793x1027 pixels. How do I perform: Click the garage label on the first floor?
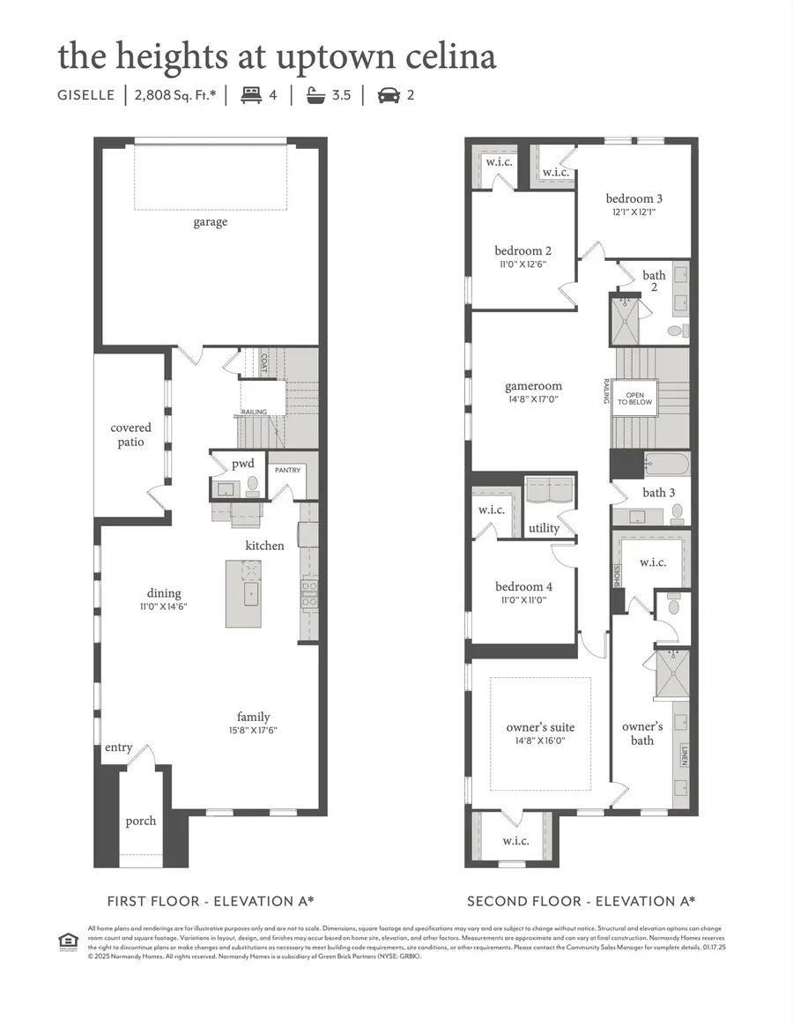click(211, 222)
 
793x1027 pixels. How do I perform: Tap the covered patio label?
click(130, 435)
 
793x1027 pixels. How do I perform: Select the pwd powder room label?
click(242, 464)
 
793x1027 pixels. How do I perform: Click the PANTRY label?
click(287, 470)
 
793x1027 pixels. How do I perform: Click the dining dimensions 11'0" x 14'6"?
click(164, 607)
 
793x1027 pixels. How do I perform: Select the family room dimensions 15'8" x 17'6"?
click(253, 730)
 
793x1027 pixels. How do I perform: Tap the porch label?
click(140, 821)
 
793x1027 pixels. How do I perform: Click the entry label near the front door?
click(118, 748)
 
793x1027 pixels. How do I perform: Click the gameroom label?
click(533, 386)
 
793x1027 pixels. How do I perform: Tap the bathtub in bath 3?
click(666, 464)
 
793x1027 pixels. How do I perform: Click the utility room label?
click(544, 528)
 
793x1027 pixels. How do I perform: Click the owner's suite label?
click(540, 727)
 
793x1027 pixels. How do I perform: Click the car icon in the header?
click(387, 94)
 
